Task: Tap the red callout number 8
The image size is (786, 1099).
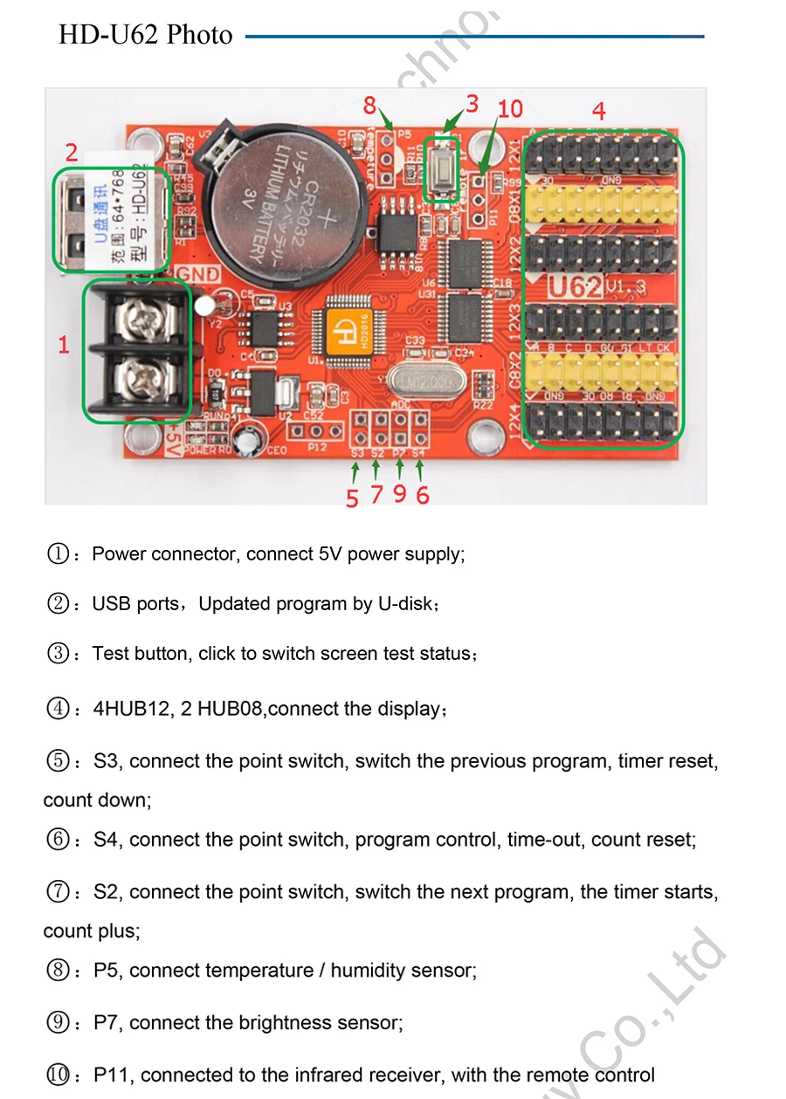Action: coord(369,106)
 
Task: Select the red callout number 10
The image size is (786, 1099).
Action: coord(510,109)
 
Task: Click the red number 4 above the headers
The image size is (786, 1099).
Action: coord(598,111)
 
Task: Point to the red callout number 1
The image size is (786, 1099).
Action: coord(64,345)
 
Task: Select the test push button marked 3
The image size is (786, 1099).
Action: coord(443,168)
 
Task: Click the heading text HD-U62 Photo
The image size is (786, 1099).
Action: coord(146,35)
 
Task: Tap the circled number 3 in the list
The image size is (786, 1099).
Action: coord(58,654)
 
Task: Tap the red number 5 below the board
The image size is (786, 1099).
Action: coord(352,498)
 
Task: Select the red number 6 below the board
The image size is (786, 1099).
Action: coord(423,496)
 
